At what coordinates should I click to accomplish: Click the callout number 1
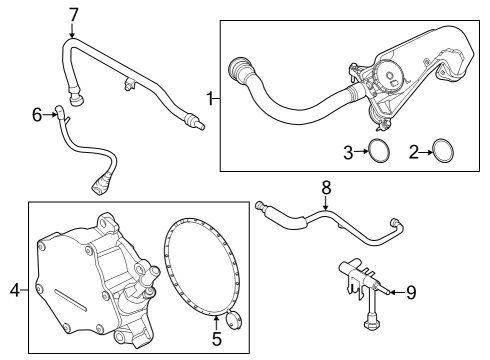click(210, 98)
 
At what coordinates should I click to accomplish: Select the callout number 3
click(349, 152)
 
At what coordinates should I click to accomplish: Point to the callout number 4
click(14, 290)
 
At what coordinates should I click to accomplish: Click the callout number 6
click(37, 115)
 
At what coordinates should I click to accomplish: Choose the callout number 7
click(72, 14)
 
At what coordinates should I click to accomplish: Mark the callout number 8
click(325, 186)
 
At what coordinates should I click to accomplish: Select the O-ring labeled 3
click(378, 152)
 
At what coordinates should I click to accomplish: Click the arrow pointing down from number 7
click(72, 31)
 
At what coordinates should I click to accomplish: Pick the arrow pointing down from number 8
click(325, 203)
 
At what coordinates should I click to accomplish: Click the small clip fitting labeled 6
click(62, 116)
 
